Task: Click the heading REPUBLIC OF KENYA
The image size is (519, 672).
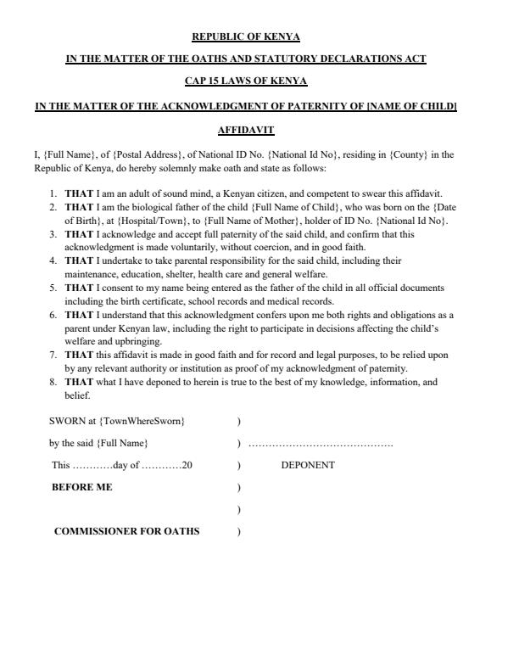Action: pos(246,37)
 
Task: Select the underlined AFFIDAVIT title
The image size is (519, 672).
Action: pos(246,131)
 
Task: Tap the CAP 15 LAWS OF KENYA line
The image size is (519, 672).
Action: pos(246,81)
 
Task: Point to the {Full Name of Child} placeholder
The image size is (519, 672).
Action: pos(297,207)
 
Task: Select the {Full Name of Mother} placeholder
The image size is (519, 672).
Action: pos(246,221)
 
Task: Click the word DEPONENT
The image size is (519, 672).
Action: pos(308,465)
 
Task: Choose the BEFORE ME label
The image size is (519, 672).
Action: pos(82,487)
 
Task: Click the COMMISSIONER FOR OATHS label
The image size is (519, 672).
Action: pos(127,531)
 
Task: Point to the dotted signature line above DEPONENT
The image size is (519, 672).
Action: pos(321,444)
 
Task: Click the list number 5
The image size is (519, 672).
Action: pos(53,288)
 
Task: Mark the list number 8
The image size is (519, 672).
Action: pos(53,382)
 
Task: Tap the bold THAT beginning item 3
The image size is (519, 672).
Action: pos(79,234)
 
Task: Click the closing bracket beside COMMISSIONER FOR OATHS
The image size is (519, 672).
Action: pos(239,532)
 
